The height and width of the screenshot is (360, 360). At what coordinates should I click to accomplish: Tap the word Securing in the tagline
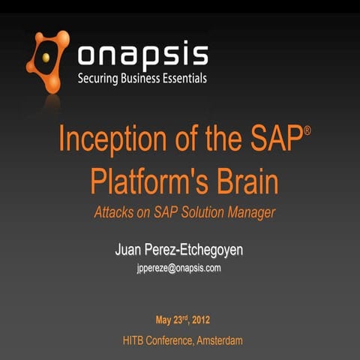tap(100, 78)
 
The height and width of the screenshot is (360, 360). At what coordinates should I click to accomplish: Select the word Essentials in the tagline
tap(181, 78)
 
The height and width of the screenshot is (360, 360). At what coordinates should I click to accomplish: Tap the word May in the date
tap(165, 320)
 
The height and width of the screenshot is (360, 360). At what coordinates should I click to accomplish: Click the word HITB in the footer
tap(136, 340)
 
